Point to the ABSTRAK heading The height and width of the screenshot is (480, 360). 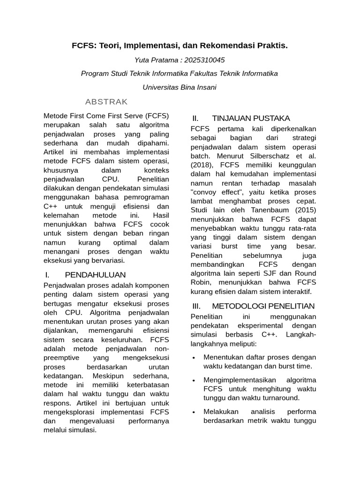click(x=106, y=102)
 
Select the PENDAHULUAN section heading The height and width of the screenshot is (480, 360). click(x=95, y=274)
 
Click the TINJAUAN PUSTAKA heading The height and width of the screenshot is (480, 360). click(x=251, y=118)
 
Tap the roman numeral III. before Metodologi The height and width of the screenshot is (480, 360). click(x=196, y=306)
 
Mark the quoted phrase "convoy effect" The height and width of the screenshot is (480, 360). click(x=214, y=192)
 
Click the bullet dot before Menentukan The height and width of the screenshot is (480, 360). click(x=194, y=358)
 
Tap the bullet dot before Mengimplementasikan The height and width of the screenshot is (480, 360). click(x=194, y=380)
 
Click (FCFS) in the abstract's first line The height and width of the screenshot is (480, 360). click(x=157, y=115)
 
